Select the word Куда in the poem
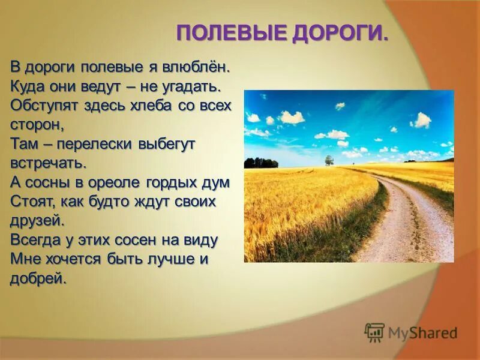(x=26, y=85)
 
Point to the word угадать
(x=192, y=85)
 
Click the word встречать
(x=48, y=162)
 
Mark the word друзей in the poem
(x=37, y=220)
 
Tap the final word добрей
(x=37, y=278)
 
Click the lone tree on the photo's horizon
(x=329, y=160)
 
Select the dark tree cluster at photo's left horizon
(x=261, y=163)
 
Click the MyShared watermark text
(x=422, y=332)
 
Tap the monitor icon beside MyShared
(x=374, y=332)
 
